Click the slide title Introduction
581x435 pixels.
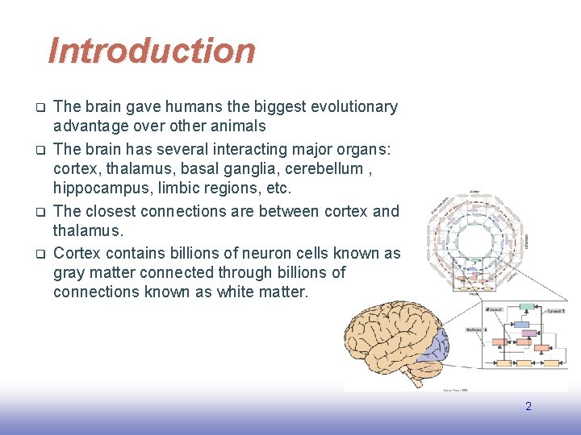(152, 51)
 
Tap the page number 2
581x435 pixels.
(529, 407)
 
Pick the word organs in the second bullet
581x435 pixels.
(361, 149)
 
